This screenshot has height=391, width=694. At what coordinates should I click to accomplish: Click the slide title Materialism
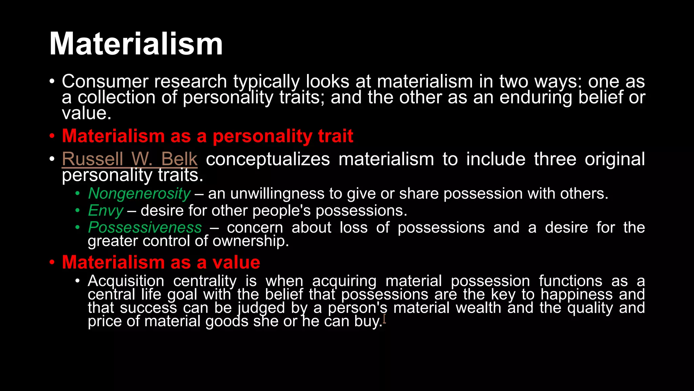pyautogui.click(x=136, y=44)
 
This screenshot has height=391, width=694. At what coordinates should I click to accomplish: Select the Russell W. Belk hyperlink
pyautogui.click(x=129, y=159)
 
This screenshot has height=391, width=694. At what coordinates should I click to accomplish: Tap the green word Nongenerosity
pyautogui.click(x=139, y=193)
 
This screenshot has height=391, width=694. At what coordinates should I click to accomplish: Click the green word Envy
pyautogui.click(x=105, y=211)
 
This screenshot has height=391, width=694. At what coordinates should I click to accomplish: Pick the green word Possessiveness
pyautogui.click(x=145, y=227)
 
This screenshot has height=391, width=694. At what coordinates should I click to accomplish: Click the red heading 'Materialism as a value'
pyautogui.click(x=161, y=262)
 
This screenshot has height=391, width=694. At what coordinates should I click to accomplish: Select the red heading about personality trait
pyautogui.click(x=207, y=136)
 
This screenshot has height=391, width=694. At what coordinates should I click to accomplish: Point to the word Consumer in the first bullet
pyautogui.click(x=105, y=82)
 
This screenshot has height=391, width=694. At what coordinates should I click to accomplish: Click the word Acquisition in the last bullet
pyautogui.click(x=126, y=281)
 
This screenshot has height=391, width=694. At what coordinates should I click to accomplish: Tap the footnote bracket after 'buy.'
pyautogui.click(x=384, y=319)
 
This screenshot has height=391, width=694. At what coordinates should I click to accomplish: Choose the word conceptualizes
pyautogui.click(x=268, y=159)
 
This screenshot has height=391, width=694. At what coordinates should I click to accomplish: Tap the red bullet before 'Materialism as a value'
pyautogui.click(x=52, y=263)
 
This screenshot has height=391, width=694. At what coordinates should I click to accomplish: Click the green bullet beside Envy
pyautogui.click(x=78, y=211)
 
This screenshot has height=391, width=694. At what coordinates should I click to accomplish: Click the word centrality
pyautogui.click(x=205, y=281)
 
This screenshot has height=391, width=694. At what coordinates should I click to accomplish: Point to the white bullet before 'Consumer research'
pyautogui.click(x=52, y=82)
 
